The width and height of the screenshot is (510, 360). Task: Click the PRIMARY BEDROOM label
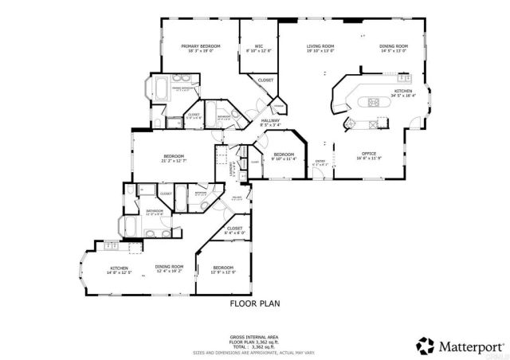point(200,47)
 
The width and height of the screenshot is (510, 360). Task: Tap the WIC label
point(260,47)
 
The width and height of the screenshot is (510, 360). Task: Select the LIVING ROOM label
point(320,47)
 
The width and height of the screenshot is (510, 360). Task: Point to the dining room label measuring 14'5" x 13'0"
point(393,47)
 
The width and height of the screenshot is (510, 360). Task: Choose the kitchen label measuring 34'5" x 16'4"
point(404,92)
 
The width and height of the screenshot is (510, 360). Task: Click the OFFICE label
point(369,154)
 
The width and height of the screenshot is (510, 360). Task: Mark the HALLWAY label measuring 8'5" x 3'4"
point(272,121)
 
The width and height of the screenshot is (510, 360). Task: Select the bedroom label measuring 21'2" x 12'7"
point(174,156)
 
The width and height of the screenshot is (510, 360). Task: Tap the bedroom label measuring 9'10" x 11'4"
point(284,155)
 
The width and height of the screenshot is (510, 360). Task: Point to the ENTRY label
point(320,162)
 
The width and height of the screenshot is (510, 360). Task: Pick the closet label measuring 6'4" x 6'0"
point(234,229)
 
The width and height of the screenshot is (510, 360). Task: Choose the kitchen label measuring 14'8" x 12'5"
point(119,269)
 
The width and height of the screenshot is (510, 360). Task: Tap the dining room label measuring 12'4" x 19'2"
point(169,268)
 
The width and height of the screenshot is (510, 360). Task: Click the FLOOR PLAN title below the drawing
point(254,303)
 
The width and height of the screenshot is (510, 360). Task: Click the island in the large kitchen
point(374,102)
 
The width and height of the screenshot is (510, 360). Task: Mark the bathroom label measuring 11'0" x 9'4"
point(155,212)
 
